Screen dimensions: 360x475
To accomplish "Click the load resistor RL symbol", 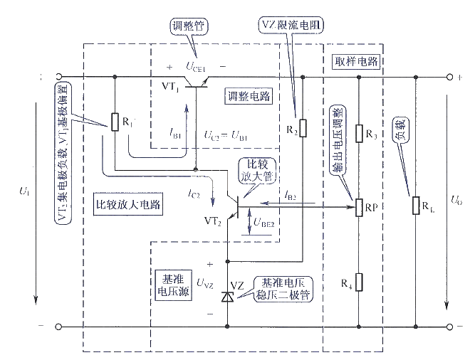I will [x=415, y=206].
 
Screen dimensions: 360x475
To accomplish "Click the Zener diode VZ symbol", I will [x=228, y=296].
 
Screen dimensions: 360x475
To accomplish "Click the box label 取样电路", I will [x=354, y=61].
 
